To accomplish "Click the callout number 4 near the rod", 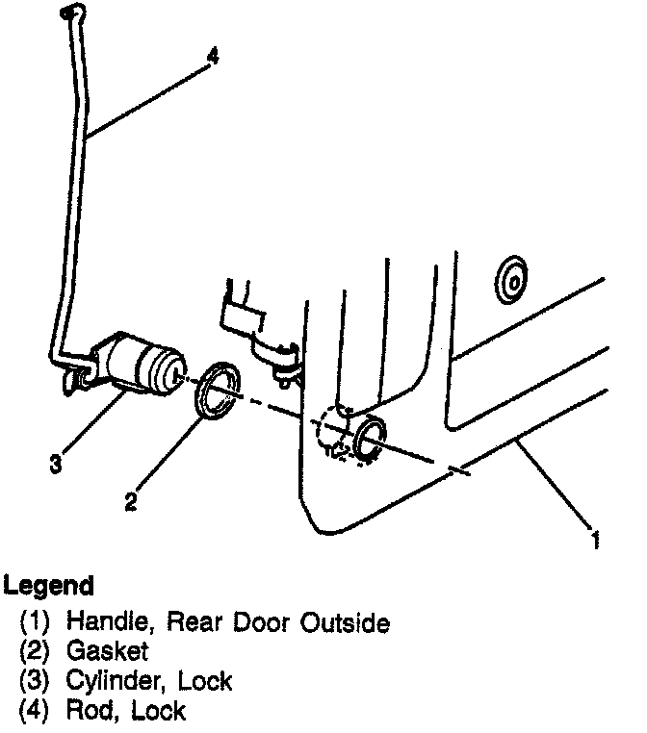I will tap(212, 57).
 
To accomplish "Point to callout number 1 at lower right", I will tap(596, 541).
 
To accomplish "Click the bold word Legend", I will tap(49, 585).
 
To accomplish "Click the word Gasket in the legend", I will tap(107, 652).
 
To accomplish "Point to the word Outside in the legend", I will tap(343, 623).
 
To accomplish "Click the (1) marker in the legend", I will tap(36, 623).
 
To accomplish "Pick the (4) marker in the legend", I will tap(36, 711).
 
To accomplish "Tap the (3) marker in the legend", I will tap(36, 682).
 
